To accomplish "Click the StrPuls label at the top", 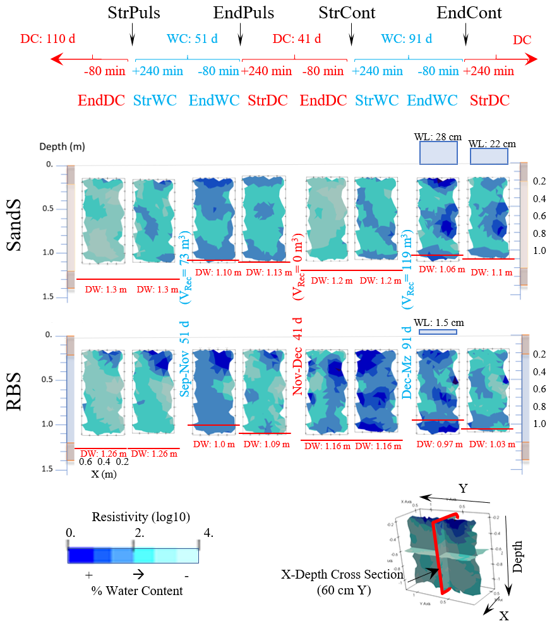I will point(134,13).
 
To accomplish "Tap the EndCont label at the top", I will point(469,13).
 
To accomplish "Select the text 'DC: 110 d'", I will point(48,39).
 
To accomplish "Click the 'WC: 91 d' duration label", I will point(407,39).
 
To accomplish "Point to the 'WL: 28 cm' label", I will point(437,136).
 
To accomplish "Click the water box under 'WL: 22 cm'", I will point(489,157).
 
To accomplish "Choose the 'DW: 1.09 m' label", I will point(267,445).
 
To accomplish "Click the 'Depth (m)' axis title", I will point(62,147).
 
